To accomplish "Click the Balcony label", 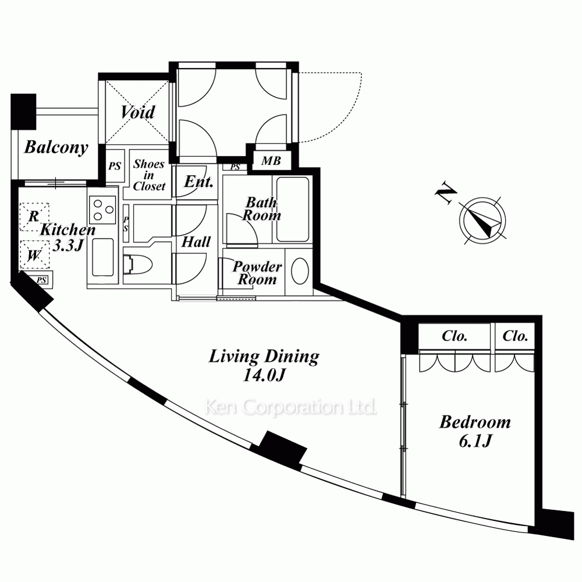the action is pyautogui.click(x=56, y=147).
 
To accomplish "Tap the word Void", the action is pyautogui.click(x=138, y=112).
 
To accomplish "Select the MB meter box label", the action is pyautogui.click(x=271, y=161).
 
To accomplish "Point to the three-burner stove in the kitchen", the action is pyautogui.click(x=102, y=210).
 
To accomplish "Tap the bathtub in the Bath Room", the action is pyautogui.click(x=292, y=210).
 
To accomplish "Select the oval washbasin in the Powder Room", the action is pyautogui.click(x=300, y=271).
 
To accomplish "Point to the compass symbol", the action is pyautogui.click(x=482, y=221).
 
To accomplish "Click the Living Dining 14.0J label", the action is pyautogui.click(x=264, y=365).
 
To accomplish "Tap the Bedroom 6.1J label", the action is pyautogui.click(x=475, y=431).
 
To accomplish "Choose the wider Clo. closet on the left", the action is pyautogui.click(x=455, y=336).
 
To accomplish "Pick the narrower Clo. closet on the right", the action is pyautogui.click(x=515, y=336).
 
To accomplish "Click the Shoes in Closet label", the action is pyautogui.click(x=149, y=175).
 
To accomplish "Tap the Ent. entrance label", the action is pyautogui.click(x=198, y=182).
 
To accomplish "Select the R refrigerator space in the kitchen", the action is pyautogui.click(x=34, y=216).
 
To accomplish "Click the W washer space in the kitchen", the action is pyautogui.click(x=34, y=255).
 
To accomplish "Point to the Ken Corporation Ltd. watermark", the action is pyautogui.click(x=290, y=407).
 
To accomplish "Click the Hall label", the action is pyautogui.click(x=196, y=242).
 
